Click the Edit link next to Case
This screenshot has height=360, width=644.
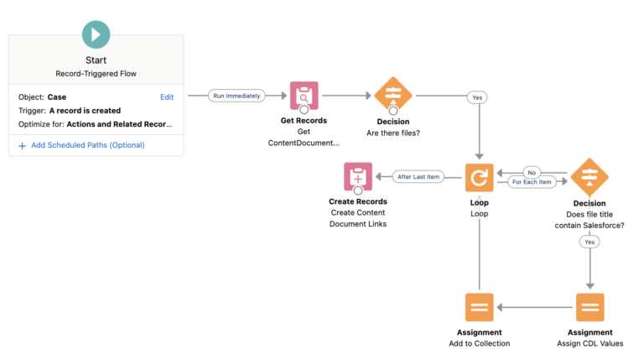pyautogui.click(x=167, y=97)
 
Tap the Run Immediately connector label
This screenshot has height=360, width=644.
pyautogui.click(x=236, y=96)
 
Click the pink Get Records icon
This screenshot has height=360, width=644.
pyautogui.click(x=304, y=96)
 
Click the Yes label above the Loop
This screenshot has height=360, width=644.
pyautogui.click(x=478, y=97)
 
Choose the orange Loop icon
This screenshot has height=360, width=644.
pyautogui.click(x=480, y=178)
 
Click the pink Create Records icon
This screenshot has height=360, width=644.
pyautogui.click(x=358, y=178)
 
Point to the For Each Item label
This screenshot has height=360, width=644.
pyautogui.click(x=532, y=182)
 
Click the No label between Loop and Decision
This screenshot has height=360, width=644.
pyautogui.click(x=531, y=172)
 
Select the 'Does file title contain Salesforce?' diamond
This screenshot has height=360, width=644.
pyautogui.click(x=589, y=177)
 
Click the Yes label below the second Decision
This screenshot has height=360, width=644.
pyautogui.click(x=589, y=241)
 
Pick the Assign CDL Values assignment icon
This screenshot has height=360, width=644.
pyautogui.click(x=589, y=307)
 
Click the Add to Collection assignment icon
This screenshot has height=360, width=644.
pyautogui.click(x=480, y=307)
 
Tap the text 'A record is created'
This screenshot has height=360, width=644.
pyautogui.click(x=85, y=111)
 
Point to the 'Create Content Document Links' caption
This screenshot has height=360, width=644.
pyautogui.click(x=358, y=218)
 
